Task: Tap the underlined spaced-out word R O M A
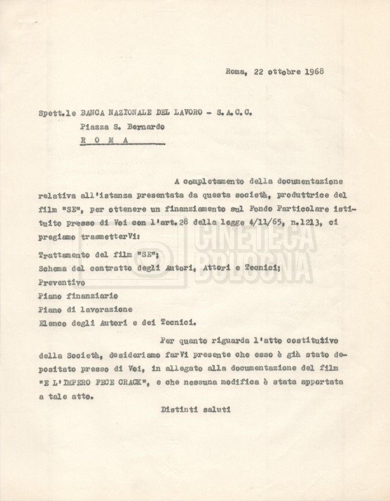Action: tap(105, 139)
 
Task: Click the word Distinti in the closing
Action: tap(178, 409)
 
